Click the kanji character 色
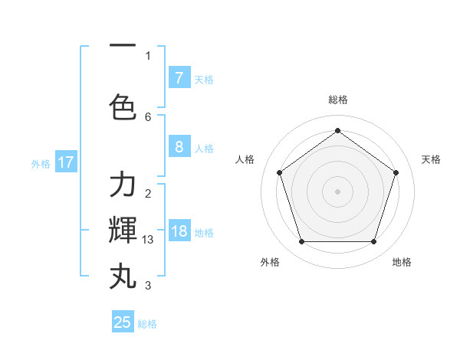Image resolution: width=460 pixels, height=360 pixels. pyautogui.click(x=123, y=106)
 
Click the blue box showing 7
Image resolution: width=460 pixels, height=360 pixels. pyautogui.click(x=179, y=78)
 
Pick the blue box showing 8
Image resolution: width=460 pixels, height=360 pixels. pyautogui.click(x=179, y=148)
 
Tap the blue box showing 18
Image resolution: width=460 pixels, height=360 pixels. pyautogui.click(x=179, y=232)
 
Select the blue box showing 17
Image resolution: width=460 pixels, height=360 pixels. pyautogui.click(x=65, y=162)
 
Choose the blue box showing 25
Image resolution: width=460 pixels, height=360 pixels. pyautogui.click(x=123, y=322)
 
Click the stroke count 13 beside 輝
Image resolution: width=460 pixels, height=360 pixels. pyautogui.click(x=149, y=240)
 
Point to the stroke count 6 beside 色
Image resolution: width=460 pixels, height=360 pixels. pyautogui.click(x=148, y=117)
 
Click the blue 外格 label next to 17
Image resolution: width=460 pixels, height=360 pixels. pyautogui.click(x=41, y=163)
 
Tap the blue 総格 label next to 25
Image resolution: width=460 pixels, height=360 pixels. pyautogui.click(x=147, y=324)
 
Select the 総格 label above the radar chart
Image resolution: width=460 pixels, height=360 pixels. pyautogui.click(x=337, y=100)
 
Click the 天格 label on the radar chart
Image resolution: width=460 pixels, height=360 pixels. pyautogui.click(x=431, y=159)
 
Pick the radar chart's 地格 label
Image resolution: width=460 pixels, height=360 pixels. pyautogui.click(x=402, y=262)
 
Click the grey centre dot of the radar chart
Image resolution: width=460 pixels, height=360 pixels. pyautogui.click(x=337, y=191)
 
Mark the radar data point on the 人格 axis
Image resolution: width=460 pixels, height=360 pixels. pyautogui.click(x=279, y=172)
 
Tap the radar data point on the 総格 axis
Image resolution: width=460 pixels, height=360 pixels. pyautogui.click(x=337, y=130)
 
